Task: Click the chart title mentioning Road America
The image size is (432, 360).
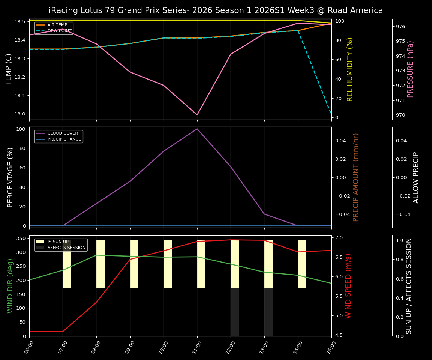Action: tap(216, 10)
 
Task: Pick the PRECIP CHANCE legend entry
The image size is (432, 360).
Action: tap(64, 139)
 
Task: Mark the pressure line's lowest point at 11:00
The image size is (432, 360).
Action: tap(197, 115)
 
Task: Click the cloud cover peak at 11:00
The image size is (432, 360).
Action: tap(197, 129)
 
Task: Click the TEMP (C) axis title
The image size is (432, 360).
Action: tap(9, 69)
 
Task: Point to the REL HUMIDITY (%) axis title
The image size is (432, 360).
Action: tap(350, 69)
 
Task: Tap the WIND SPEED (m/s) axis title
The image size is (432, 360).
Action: tap(348, 286)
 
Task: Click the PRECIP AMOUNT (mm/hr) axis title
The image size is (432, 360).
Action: tap(356, 177)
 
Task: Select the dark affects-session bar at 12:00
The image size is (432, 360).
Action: tap(235, 312)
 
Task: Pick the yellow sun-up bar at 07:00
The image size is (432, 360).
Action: tap(67, 264)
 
